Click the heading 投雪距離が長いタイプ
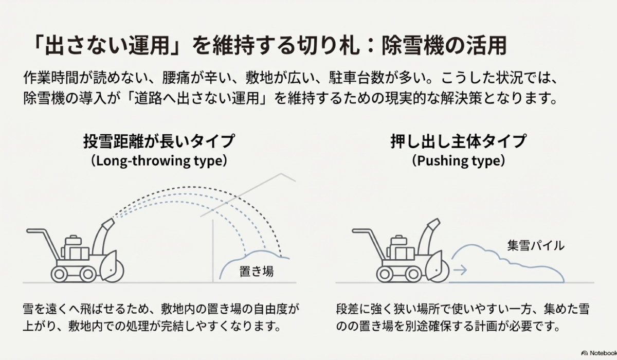click(159, 140)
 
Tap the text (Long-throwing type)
click(159, 160)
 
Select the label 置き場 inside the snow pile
click(257, 271)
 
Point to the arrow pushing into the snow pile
click(461, 268)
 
